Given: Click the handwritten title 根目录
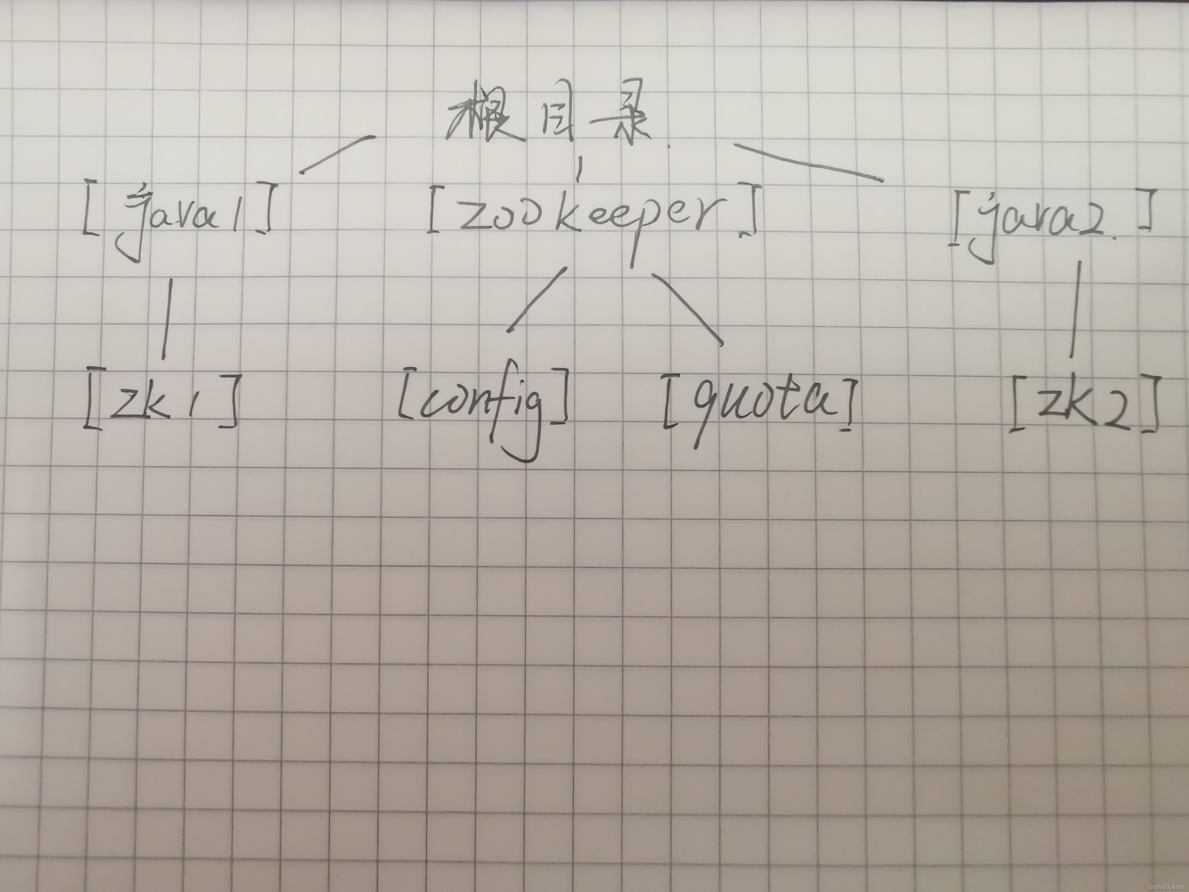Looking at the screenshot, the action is coord(551,121).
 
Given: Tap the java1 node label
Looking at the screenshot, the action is coord(177,215).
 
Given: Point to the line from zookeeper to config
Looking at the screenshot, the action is coord(537,298).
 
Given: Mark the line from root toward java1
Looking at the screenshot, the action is coord(336,154).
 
